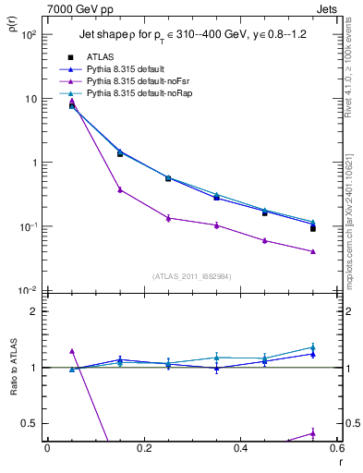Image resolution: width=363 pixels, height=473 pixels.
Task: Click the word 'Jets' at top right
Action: coord(329,8)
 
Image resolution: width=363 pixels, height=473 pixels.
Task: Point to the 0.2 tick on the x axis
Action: coord(143,448)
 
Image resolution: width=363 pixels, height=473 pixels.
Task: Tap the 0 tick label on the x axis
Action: coord(47,448)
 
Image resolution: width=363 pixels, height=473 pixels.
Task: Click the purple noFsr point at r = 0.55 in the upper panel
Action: coord(313,251)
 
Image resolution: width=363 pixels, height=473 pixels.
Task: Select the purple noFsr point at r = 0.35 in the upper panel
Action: coord(216,225)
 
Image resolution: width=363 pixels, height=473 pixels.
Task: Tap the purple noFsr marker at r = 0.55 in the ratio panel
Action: coord(313,432)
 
